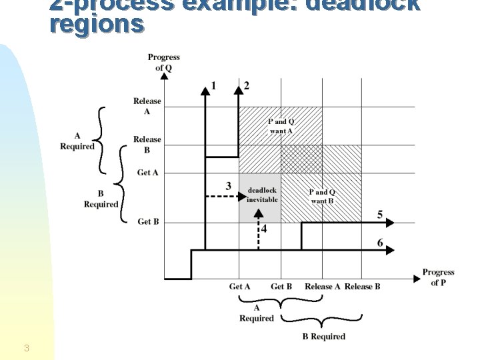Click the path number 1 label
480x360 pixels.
click(214, 85)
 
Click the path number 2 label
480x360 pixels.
click(247, 85)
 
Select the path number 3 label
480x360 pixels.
click(229, 186)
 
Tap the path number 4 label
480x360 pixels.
click(265, 229)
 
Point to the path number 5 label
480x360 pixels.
click(380, 214)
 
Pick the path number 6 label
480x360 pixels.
click(380, 242)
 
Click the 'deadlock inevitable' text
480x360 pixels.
click(262, 195)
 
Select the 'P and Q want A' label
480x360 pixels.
click(281, 126)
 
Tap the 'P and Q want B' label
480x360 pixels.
click(323, 197)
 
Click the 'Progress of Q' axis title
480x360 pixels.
click(164, 62)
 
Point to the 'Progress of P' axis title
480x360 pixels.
click(438, 277)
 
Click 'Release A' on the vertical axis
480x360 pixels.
click(147, 106)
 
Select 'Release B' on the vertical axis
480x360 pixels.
click(147, 144)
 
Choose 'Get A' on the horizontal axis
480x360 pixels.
click(240, 287)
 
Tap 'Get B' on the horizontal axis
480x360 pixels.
click(281, 287)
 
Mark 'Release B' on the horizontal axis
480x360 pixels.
click(363, 287)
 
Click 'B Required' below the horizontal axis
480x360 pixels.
click(324, 337)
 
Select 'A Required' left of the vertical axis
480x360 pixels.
click(77, 141)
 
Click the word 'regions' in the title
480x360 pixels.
click(96, 24)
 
